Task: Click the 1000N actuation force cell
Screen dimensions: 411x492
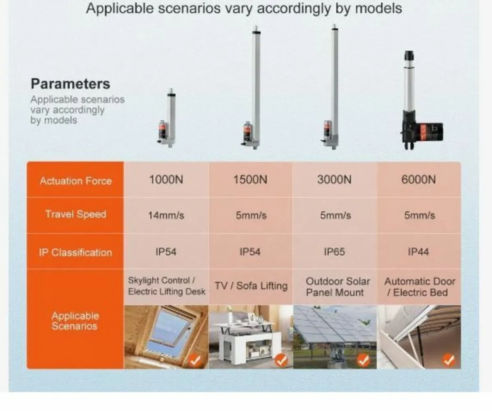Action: pos(166,180)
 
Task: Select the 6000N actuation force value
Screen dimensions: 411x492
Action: pos(418,180)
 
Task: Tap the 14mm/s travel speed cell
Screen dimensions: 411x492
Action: pos(166,216)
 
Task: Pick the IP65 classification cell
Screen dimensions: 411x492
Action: pos(334,252)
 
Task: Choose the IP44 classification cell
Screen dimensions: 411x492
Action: pos(418,252)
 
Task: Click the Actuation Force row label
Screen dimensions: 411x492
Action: pos(76,181)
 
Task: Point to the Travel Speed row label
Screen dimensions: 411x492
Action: pos(76,214)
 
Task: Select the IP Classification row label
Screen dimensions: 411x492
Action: pos(75,252)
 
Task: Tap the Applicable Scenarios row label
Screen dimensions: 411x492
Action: pos(75,321)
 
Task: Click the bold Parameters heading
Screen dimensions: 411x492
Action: pos(71,84)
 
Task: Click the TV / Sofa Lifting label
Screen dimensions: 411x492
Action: pos(251,286)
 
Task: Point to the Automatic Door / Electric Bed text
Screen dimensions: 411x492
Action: pos(419,287)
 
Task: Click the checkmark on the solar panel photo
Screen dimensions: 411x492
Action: pos(363,360)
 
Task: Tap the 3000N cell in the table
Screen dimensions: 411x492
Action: pos(334,180)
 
